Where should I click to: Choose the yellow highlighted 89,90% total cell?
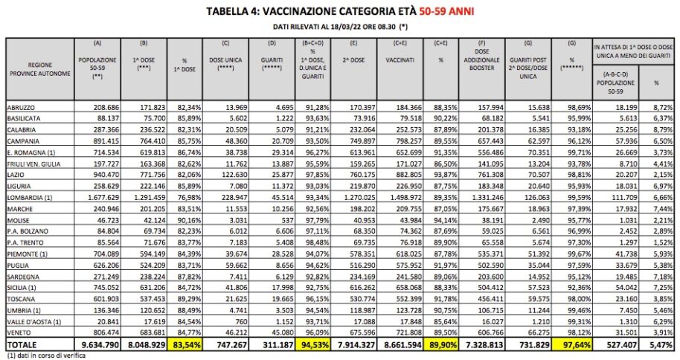pyautogui.click(x=440, y=345)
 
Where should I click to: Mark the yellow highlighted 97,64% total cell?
pyautogui.click(x=572, y=345)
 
